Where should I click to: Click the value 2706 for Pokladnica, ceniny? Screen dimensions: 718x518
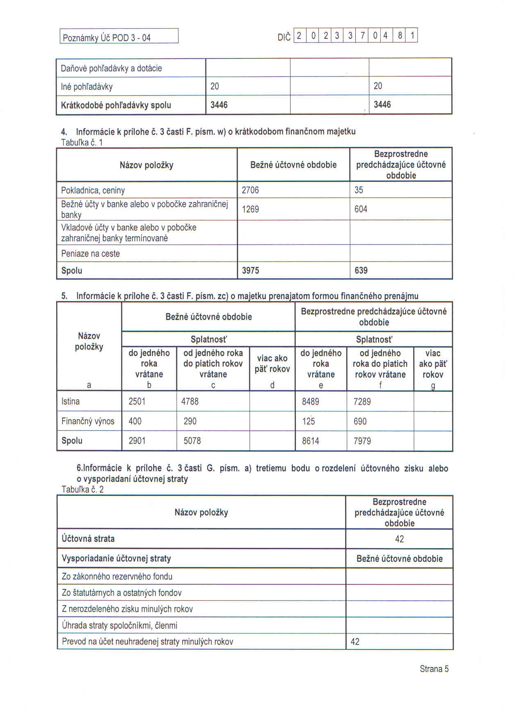click(x=250, y=190)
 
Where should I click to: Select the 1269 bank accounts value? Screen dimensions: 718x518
click(x=250, y=209)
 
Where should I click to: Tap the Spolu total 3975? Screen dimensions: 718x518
click(x=250, y=270)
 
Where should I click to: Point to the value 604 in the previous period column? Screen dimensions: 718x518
click(x=361, y=209)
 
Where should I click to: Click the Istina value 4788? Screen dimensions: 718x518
click(x=190, y=401)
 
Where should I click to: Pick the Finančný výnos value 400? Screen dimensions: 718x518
click(x=135, y=421)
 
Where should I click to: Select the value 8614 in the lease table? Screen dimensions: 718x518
click(x=310, y=441)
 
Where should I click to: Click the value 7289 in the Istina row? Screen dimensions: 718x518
click(x=362, y=401)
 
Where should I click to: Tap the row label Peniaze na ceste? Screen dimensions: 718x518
click(x=91, y=254)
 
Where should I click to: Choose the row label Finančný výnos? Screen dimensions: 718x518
click(x=88, y=421)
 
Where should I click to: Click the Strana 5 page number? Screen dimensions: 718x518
click(x=434, y=669)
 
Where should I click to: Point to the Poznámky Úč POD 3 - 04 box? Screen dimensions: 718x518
click(x=119, y=37)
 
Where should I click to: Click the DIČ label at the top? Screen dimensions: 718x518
click(x=284, y=38)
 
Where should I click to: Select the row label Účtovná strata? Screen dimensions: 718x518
click(x=88, y=538)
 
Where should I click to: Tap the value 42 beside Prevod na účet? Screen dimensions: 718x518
click(x=355, y=642)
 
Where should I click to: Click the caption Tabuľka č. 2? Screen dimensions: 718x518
click(x=82, y=489)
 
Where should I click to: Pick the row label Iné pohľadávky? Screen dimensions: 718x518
click(x=86, y=87)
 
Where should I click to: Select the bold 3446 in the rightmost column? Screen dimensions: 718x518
click(x=382, y=105)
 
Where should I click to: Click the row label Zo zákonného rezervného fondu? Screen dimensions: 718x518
click(x=117, y=577)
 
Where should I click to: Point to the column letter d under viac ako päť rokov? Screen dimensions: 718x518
click(x=272, y=385)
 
